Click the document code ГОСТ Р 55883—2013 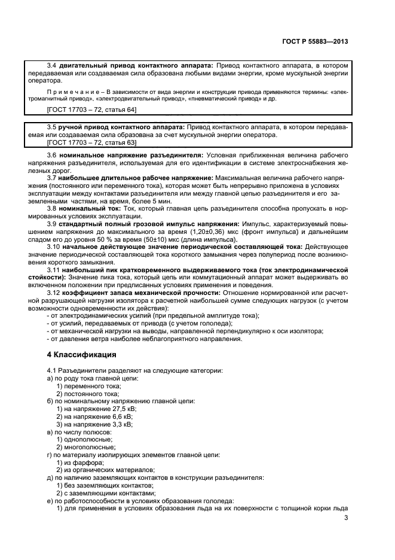click(x=314, y=42)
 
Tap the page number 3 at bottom click(x=347, y=518)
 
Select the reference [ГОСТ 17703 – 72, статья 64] click(x=91, y=110)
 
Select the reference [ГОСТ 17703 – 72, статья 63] click(x=91, y=143)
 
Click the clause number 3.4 click(x=52, y=64)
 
